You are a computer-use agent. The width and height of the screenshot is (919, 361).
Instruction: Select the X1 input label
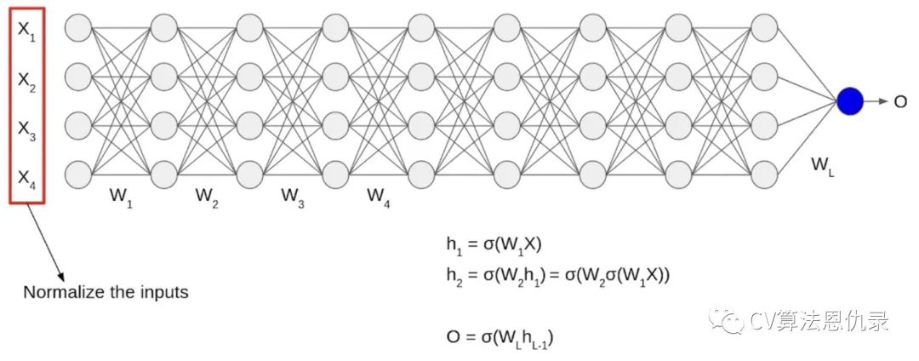coord(26,31)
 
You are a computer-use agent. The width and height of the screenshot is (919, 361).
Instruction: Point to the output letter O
coord(899,102)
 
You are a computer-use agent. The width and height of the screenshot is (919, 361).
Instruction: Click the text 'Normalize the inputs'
coord(106,292)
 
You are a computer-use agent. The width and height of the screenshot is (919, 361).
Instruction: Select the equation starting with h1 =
coord(494,245)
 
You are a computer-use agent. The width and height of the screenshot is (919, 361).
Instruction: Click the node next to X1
coord(77,28)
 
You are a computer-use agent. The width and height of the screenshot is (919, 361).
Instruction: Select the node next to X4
coord(77,175)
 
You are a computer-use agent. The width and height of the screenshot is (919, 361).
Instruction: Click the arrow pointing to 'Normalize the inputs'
coord(48,243)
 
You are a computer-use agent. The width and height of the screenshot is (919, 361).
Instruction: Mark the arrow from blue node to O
coord(876,101)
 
